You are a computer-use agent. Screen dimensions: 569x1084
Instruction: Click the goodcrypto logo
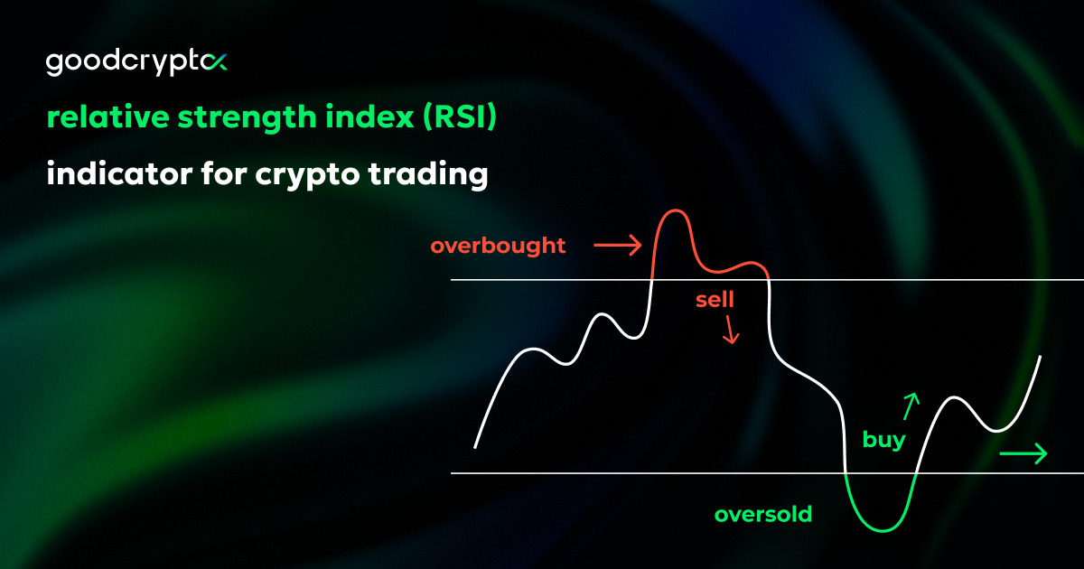point(135,63)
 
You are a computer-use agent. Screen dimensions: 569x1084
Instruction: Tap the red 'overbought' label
point(498,246)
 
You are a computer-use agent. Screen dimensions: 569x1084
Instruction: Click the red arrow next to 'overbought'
point(617,244)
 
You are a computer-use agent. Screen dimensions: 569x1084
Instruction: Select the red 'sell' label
point(715,300)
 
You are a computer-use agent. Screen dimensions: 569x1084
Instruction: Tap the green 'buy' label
point(883,441)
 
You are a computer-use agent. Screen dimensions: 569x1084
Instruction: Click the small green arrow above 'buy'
point(911,406)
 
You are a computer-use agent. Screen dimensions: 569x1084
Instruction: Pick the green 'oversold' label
point(763,515)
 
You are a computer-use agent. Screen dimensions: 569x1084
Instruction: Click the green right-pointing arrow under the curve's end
point(1023,453)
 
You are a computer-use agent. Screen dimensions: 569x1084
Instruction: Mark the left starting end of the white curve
point(475,446)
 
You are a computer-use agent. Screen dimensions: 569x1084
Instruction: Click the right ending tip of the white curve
point(1041,358)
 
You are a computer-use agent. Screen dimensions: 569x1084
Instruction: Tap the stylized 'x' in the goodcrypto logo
point(215,62)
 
